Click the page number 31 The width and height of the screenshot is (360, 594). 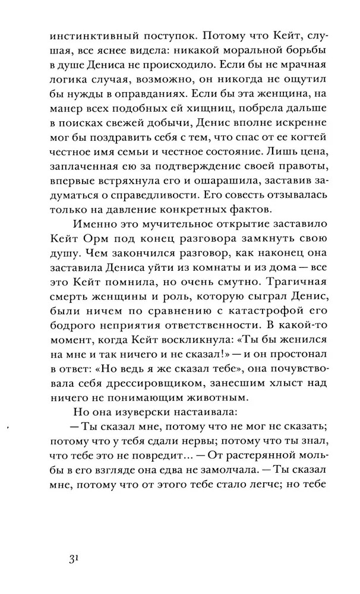coord(73,559)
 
